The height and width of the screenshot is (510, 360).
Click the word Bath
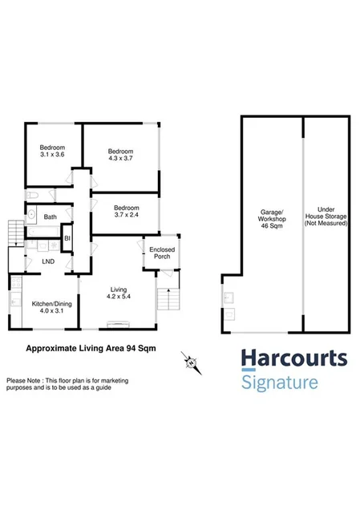[50, 217]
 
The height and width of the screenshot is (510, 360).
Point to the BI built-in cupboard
[68, 238]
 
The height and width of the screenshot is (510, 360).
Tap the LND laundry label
[48, 261]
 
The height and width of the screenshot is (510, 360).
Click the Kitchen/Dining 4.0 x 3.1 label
[48, 307]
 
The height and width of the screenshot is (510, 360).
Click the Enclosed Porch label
[162, 253]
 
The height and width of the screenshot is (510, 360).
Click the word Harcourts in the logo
[294, 358]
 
